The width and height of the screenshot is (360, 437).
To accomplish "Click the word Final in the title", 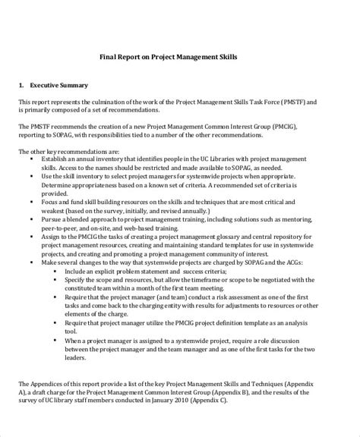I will coord(109,55).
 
